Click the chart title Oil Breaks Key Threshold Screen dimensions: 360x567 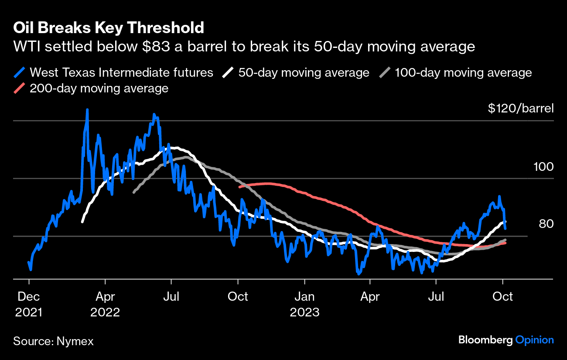109,28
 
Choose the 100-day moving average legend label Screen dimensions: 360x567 463,72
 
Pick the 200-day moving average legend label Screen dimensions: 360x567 99,88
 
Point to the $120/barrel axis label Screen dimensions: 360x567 520,108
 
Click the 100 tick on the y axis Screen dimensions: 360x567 543,166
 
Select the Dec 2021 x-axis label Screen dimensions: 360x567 29,304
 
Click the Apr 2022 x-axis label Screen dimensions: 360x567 105,304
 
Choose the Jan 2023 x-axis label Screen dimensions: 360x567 304,304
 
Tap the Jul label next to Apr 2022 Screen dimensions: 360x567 171,297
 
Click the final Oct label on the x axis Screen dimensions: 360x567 502,297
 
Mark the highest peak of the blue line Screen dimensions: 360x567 87,110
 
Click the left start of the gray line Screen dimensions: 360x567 134,192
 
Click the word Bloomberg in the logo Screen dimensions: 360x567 485,340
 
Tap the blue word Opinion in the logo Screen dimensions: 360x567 535,340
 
